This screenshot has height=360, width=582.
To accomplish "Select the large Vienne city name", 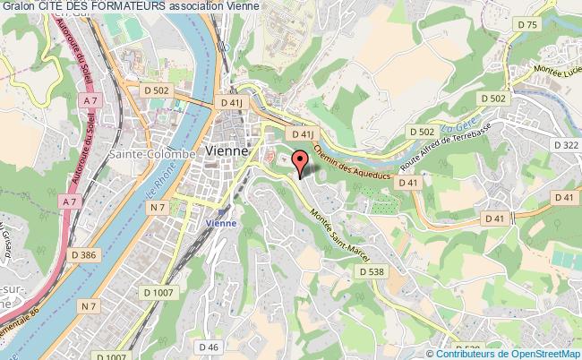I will click(x=231, y=152).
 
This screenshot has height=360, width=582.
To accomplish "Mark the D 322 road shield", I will click(x=566, y=144).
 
